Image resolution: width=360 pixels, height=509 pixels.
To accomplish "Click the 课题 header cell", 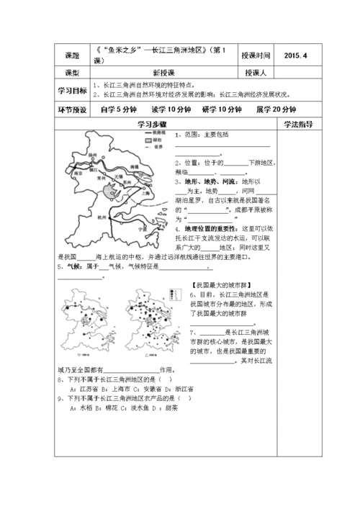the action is [72, 55].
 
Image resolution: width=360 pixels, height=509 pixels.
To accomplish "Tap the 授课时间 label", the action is [256, 55].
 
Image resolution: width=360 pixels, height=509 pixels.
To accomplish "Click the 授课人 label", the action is [256, 73].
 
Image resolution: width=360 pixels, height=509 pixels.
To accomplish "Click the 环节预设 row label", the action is [72, 109].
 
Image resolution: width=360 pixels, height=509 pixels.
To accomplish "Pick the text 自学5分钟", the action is [118, 109].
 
